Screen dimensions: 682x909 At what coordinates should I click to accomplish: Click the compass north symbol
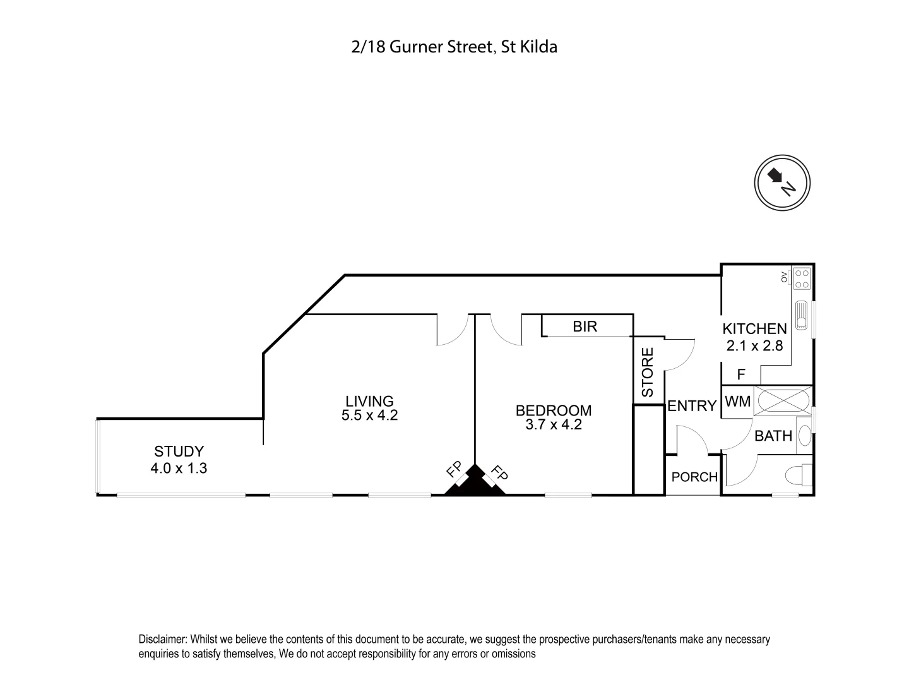tap(782, 182)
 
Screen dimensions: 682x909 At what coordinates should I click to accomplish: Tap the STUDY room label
tap(179, 452)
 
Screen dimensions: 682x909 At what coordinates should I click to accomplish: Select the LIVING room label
tap(369, 401)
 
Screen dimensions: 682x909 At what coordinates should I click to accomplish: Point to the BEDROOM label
tap(554, 410)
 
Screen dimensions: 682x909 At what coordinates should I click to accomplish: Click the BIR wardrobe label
tap(585, 326)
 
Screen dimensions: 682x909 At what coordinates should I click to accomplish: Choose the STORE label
tap(648, 372)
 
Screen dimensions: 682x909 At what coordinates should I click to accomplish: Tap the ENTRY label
tap(692, 406)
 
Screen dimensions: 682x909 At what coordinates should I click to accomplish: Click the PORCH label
tap(694, 477)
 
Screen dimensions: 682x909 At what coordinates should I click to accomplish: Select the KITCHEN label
tap(754, 329)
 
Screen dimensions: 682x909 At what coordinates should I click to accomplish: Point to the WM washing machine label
tap(737, 402)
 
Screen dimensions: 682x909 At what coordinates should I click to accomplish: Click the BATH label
tap(773, 436)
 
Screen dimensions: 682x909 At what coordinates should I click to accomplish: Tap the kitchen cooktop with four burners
tap(802, 278)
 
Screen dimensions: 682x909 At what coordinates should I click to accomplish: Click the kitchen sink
tap(802, 314)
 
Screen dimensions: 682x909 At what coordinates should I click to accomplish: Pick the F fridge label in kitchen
tap(742, 374)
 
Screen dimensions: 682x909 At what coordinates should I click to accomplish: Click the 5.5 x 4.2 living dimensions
tap(369, 416)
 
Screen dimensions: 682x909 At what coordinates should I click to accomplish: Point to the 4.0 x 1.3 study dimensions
tap(179, 468)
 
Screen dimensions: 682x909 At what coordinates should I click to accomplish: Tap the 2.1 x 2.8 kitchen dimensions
tap(754, 345)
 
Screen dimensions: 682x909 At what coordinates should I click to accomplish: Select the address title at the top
tap(454, 47)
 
